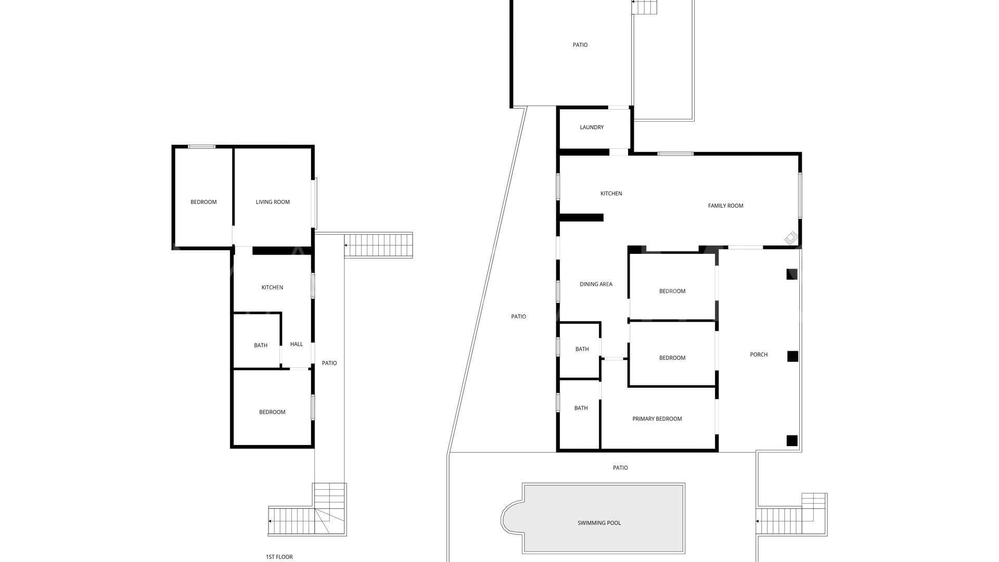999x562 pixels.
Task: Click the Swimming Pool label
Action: tap(599, 523)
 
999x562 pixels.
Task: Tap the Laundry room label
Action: tap(592, 127)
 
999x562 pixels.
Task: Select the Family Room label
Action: tap(725, 206)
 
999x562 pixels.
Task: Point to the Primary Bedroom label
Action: tap(657, 419)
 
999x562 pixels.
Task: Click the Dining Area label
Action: tap(596, 284)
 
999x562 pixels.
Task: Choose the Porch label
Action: tap(759, 355)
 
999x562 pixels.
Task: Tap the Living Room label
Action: tap(273, 202)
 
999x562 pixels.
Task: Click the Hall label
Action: tap(296, 344)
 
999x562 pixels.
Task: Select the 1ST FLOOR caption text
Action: tap(279, 557)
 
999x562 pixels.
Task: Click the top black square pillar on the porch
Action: tap(791, 274)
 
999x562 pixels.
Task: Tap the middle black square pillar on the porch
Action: tap(792, 356)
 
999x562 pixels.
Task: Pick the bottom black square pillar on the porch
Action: tap(791, 441)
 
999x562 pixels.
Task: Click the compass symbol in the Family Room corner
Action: tap(791, 238)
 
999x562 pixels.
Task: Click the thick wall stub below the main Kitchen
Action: tap(581, 218)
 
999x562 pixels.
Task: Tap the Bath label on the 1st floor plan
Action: tap(261, 346)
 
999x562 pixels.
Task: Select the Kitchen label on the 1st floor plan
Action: tap(272, 288)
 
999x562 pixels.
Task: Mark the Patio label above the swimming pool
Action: tap(620, 468)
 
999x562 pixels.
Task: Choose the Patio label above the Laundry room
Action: tap(580, 45)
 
